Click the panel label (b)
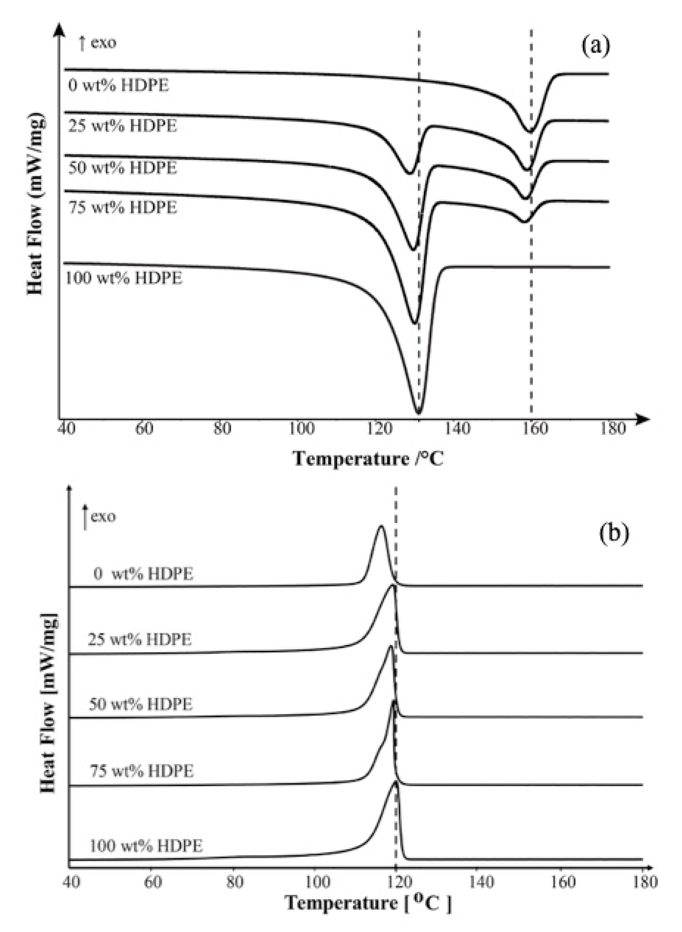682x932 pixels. pyautogui.click(x=614, y=533)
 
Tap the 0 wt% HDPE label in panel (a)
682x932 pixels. pyautogui.click(x=118, y=86)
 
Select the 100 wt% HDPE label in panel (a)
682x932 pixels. pyautogui.click(x=123, y=278)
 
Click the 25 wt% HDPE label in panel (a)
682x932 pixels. pyautogui.click(x=123, y=126)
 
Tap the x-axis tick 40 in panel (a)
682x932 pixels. pyautogui.click(x=66, y=429)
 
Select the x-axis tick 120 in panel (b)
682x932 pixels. pyautogui.click(x=396, y=882)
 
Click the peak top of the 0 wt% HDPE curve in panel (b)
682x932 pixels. pyautogui.click(x=381, y=526)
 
